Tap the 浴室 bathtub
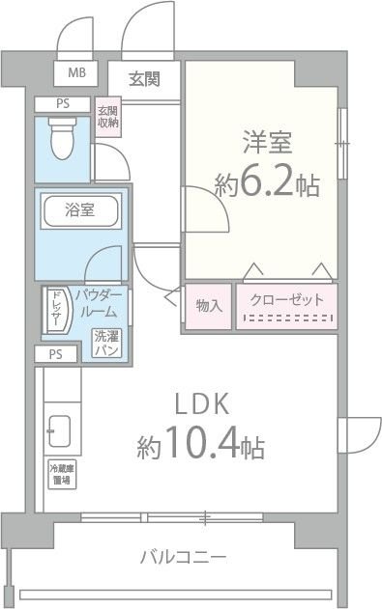[79, 210]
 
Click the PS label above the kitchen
[56, 354]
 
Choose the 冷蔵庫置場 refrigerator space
[60, 473]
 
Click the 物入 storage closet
[208, 305]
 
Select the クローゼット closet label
[287, 299]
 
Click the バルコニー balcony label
[183, 557]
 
